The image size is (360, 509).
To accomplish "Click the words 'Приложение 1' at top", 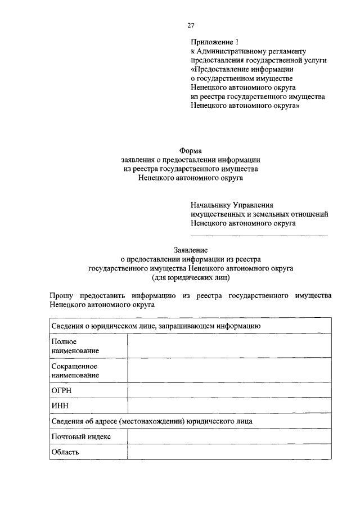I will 211,42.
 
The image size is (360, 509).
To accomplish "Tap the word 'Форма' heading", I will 190,150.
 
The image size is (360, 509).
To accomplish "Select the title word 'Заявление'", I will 190,250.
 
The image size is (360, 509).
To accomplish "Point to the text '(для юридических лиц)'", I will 191,278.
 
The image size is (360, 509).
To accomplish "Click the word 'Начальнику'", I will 209,205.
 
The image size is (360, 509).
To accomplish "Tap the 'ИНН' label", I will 59,406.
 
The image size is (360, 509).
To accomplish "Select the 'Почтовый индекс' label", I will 80,436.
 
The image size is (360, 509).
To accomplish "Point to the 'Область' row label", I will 65,452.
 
